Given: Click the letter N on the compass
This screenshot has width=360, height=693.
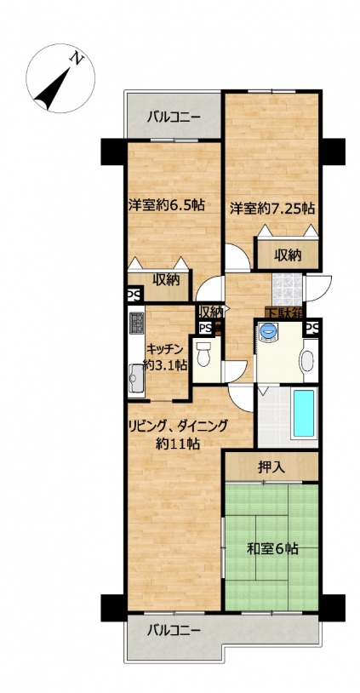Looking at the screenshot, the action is click(x=77, y=58).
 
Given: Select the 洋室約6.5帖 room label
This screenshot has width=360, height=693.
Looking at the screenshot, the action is click(x=167, y=204).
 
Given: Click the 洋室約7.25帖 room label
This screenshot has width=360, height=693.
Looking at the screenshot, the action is click(x=272, y=209).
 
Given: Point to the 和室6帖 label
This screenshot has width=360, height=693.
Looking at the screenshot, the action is click(x=272, y=548).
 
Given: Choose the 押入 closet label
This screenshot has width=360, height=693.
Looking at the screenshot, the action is click(x=271, y=467).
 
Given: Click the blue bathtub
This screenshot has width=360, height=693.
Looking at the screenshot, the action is click(x=304, y=412).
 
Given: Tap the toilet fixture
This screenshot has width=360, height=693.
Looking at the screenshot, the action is click(x=203, y=354).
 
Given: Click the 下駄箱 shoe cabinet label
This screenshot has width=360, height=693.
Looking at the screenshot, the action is click(x=284, y=312).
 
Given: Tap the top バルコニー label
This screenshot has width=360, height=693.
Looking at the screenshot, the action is click(x=174, y=117).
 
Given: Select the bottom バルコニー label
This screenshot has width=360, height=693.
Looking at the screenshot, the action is click(x=174, y=628).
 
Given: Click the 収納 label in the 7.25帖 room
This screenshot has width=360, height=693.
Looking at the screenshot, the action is click(x=288, y=255).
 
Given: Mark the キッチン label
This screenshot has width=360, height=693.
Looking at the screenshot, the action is click(x=164, y=349).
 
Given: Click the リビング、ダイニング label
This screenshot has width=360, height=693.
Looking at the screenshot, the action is click(x=178, y=427).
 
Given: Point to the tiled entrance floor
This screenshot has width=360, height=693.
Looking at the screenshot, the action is click(x=287, y=289).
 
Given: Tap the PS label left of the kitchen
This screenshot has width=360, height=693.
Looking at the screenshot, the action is click(x=132, y=295).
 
